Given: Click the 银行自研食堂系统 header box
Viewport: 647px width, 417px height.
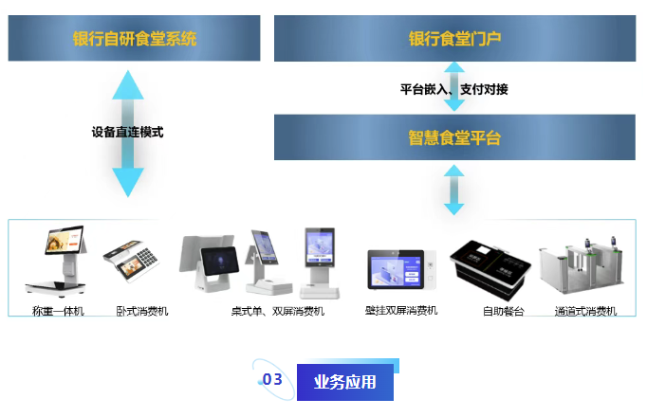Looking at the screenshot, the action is [x=134, y=38].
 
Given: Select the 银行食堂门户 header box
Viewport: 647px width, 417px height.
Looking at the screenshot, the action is [x=454, y=38].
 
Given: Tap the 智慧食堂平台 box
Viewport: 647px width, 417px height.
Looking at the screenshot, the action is [x=454, y=137].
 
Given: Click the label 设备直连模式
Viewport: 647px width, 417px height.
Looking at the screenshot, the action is [x=127, y=133].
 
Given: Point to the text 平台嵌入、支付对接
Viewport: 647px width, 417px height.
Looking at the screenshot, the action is [x=453, y=89].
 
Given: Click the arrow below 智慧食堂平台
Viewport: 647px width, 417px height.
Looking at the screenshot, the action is [x=453, y=190].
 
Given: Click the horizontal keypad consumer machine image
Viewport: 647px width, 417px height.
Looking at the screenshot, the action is [x=131, y=261].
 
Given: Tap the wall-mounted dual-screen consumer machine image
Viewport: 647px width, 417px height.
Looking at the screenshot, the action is [x=401, y=269].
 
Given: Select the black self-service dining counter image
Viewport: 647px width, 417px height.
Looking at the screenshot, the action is [x=490, y=270].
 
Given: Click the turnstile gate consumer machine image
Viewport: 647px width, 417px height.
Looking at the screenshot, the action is [x=582, y=265].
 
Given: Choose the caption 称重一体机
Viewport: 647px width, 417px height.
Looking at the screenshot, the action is [x=58, y=311].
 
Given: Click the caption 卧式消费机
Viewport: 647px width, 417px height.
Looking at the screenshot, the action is [x=142, y=311].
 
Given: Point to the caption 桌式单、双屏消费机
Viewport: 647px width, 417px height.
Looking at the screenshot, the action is [x=278, y=311].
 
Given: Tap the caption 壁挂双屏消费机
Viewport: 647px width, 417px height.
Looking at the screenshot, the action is [x=401, y=310].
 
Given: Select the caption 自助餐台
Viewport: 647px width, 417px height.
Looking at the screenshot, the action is [x=504, y=311].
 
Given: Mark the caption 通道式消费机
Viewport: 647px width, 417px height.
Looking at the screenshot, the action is [x=585, y=311].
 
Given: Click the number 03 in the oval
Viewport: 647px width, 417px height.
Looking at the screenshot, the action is [x=272, y=379].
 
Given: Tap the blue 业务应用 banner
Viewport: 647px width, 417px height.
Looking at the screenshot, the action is [x=345, y=382].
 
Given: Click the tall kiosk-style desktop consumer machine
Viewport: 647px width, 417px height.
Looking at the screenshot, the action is [x=320, y=263].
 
